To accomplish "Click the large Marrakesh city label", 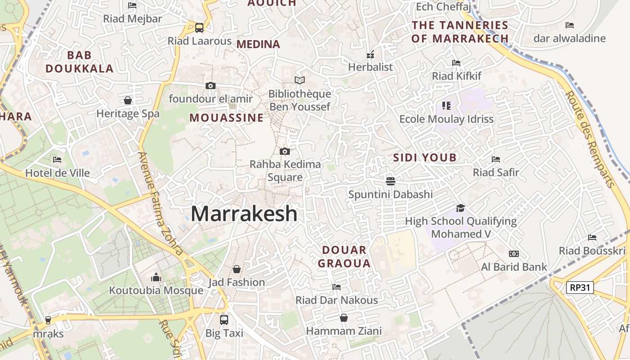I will point(244,214).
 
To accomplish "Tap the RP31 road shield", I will point(580,288).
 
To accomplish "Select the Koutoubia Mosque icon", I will point(156,277).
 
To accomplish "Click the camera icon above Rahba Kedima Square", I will point(284,151).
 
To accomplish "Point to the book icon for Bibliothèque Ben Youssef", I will point(299,80).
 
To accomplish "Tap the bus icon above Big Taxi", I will point(224,319).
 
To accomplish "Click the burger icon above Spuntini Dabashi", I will point(390,181).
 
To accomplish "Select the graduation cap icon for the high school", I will point(460,208).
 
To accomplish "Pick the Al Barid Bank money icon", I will point(513,254).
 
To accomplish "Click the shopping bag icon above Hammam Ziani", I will point(343,318).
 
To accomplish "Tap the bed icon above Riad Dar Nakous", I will point(336,287).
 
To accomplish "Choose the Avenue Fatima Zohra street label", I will point(161,203).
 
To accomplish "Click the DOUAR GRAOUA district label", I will point(344,256).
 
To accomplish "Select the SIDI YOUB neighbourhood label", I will point(425,157).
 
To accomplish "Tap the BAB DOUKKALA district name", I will point(79,62).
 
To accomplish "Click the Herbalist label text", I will point(370,67).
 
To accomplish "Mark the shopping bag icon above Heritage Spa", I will point(128,100).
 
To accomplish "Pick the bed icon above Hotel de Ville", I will point(57,159).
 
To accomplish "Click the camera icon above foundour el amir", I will point(210,85).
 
